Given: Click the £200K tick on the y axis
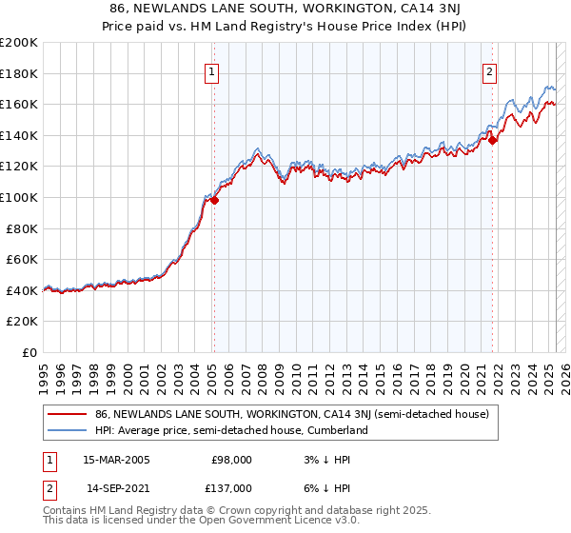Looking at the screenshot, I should tap(19, 43).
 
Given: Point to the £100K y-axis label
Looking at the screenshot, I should tap(19, 197).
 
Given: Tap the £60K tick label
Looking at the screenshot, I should tap(23, 259).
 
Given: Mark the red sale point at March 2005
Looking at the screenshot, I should tap(215, 200).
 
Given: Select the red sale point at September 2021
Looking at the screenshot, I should tap(493, 140).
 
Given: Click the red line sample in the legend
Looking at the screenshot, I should tap(68, 414).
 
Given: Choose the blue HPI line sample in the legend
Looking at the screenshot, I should tap(68, 430).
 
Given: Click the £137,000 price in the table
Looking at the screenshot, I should tap(231, 487).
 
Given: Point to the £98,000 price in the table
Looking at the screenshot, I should tap(231, 459).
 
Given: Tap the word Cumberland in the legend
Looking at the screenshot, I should tap(337, 430).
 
